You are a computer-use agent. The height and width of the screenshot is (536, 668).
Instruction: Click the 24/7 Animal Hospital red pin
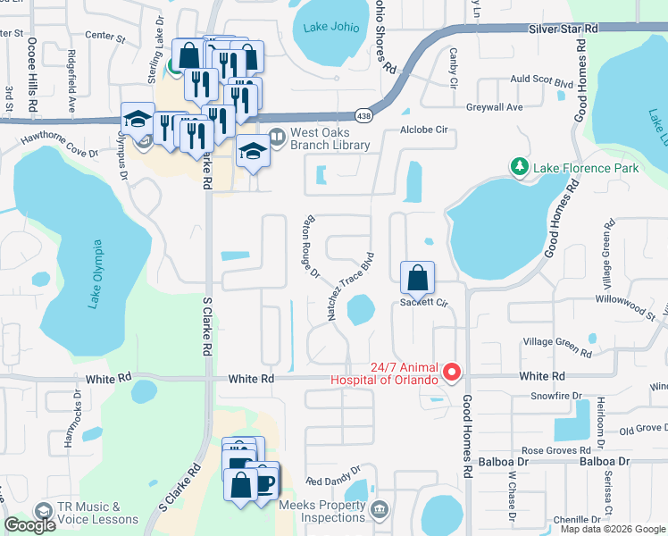452,372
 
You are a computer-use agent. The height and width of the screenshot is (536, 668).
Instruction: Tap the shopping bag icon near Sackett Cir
417,278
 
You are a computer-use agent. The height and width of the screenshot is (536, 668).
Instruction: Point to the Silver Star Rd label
563,29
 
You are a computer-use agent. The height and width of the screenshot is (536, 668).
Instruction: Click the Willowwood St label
629,311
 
